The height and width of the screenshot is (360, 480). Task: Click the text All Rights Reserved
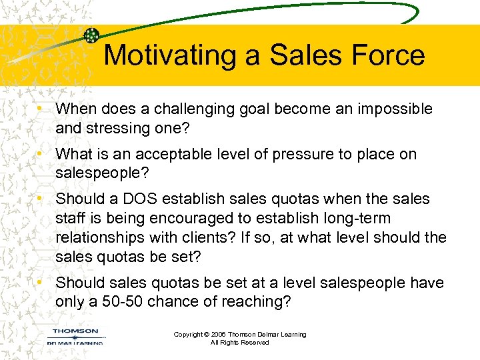239,343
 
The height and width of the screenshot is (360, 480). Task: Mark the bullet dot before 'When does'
41,108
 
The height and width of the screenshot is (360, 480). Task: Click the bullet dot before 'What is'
41,153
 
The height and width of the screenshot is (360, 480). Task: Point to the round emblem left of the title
93,36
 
